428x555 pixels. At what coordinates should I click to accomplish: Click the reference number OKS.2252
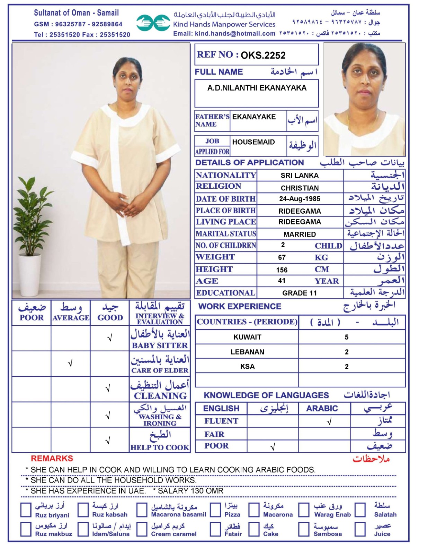click(x=263, y=55)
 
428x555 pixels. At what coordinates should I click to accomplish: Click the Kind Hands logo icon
click(x=153, y=23)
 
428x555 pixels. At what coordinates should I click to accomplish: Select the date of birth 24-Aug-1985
click(x=300, y=199)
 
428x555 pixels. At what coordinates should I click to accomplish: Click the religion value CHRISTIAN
click(x=300, y=188)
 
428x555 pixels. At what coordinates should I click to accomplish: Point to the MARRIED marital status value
click(x=300, y=234)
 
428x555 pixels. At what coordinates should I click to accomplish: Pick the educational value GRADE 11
click(x=300, y=293)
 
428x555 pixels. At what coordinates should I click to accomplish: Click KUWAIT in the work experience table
click(x=247, y=337)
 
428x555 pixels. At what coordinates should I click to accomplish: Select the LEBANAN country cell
click(x=247, y=352)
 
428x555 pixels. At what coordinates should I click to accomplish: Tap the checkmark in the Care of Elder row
click(x=70, y=363)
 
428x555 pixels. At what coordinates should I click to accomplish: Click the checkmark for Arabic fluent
click(x=329, y=421)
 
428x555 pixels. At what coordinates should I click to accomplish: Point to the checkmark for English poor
click(x=273, y=447)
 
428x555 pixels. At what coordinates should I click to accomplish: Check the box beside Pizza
click(x=215, y=510)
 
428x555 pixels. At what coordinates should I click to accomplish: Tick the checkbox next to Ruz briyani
click(x=26, y=510)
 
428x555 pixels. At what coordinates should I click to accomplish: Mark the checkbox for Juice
click(x=360, y=529)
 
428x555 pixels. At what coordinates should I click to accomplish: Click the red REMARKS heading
click(x=52, y=459)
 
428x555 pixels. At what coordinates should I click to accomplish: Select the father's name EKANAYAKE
click(x=254, y=117)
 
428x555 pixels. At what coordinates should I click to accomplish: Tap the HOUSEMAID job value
click(x=253, y=142)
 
